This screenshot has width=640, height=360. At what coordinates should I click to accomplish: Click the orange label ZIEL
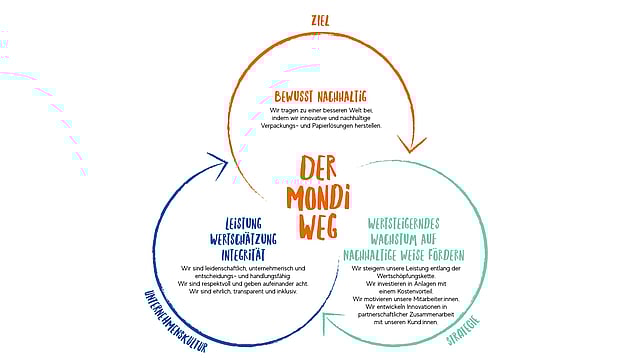[320, 19]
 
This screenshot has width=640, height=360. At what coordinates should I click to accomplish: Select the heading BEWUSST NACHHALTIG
[319, 96]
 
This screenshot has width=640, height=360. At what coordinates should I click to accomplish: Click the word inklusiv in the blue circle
[284, 292]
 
